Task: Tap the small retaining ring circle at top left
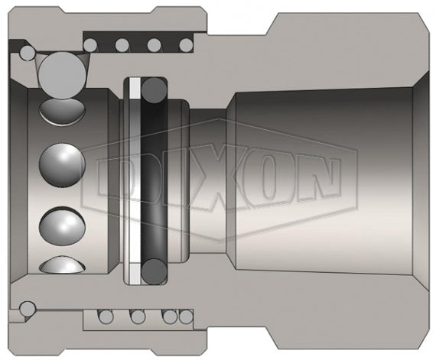pyautogui.click(x=28, y=53)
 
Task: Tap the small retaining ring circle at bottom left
pyautogui.click(x=28, y=310)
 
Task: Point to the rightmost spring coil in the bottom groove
pyautogui.click(x=184, y=314)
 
